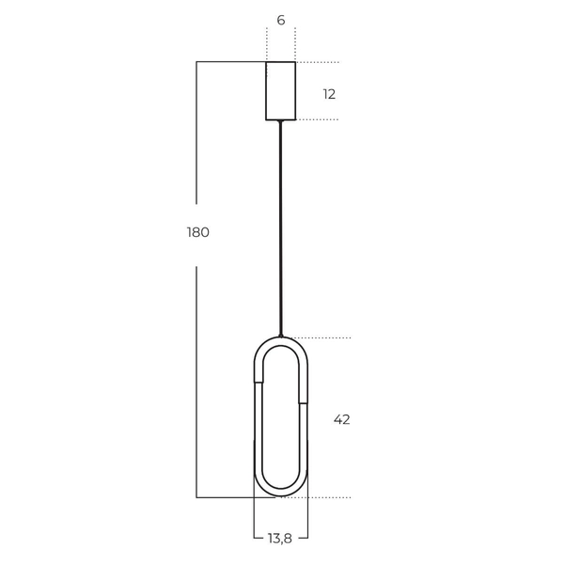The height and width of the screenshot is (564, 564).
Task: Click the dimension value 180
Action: (x=197, y=232)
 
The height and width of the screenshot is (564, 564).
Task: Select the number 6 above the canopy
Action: (x=281, y=20)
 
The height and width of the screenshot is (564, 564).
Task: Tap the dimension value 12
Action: (x=329, y=94)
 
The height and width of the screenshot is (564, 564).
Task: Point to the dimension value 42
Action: (x=341, y=419)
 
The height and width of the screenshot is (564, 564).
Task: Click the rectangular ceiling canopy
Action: (x=281, y=91)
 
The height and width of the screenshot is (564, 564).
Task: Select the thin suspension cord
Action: (x=280, y=226)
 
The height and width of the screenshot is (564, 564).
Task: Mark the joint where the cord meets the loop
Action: (x=280, y=335)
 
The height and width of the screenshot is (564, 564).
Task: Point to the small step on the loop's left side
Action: (x=258, y=382)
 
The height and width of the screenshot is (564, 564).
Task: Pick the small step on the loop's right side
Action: (x=304, y=403)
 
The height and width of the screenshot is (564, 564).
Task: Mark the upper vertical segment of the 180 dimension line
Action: (x=196, y=132)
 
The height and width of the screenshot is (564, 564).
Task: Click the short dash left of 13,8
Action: (x=258, y=538)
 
